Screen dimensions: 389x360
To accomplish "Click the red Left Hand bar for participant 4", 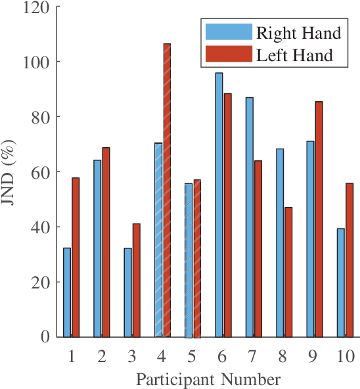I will [x=167, y=190].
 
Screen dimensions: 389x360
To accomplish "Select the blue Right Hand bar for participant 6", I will [x=219, y=204].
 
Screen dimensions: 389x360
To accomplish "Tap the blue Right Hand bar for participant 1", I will [x=67, y=292].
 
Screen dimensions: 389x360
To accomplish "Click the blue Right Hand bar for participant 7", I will [x=250, y=217].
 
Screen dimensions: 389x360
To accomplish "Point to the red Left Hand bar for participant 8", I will [x=288, y=271].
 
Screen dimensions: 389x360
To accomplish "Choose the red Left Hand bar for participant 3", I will [x=137, y=280].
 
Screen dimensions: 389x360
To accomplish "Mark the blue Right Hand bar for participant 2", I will [x=97, y=248].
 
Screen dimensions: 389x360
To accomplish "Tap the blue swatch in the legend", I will [x=228, y=32].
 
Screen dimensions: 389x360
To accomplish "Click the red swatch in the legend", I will [x=228, y=54].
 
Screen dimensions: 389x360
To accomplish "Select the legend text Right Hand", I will [x=299, y=33].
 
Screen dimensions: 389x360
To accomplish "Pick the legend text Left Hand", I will [x=295, y=55].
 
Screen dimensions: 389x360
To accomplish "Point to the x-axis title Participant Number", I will [x=208, y=379].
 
